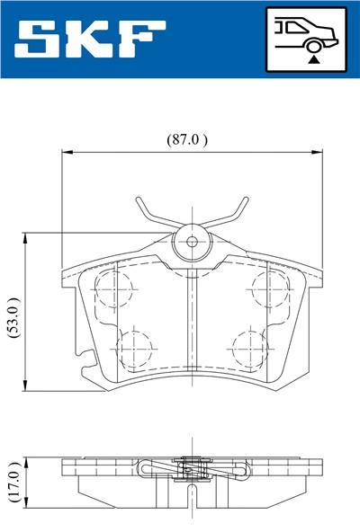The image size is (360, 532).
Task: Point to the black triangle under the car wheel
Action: pyautogui.click(x=313, y=58)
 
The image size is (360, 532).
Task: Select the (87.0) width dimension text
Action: pyautogui.click(x=187, y=139)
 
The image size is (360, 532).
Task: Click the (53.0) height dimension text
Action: pyautogui.click(x=13, y=314)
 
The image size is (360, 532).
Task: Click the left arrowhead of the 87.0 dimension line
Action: pyautogui.click(x=65, y=153)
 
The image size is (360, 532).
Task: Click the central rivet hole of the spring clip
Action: pyautogui.click(x=191, y=241)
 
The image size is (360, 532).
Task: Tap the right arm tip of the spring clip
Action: pyautogui.click(x=246, y=200)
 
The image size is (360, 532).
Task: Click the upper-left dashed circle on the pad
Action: pyautogui.click(x=113, y=289)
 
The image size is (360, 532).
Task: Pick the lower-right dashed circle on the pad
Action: pyautogui.click(x=247, y=345)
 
